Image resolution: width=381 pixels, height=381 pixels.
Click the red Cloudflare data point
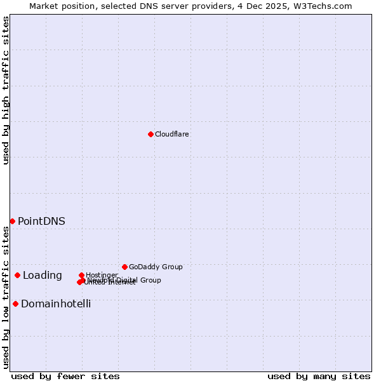point(150,134)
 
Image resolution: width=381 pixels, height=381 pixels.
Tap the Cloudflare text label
point(171,134)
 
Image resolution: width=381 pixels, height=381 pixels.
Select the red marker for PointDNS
point(12,221)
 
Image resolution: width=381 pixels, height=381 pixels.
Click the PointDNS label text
point(41,221)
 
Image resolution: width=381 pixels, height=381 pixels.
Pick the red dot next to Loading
point(17,275)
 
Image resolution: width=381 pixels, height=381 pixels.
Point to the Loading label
point(42,275)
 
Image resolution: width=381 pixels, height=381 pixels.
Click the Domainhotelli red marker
point(15,304)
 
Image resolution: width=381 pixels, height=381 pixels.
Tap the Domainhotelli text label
point(56,304)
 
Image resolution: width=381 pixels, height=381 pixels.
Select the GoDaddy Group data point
point(124,267)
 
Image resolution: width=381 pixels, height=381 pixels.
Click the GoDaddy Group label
point(156,267)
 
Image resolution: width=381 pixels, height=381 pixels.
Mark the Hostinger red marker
point(81,275)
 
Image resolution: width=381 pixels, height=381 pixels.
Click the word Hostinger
point(102,275)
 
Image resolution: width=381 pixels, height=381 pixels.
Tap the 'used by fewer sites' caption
point(65,376)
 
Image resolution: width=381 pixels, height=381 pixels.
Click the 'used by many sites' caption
point(319,376)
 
